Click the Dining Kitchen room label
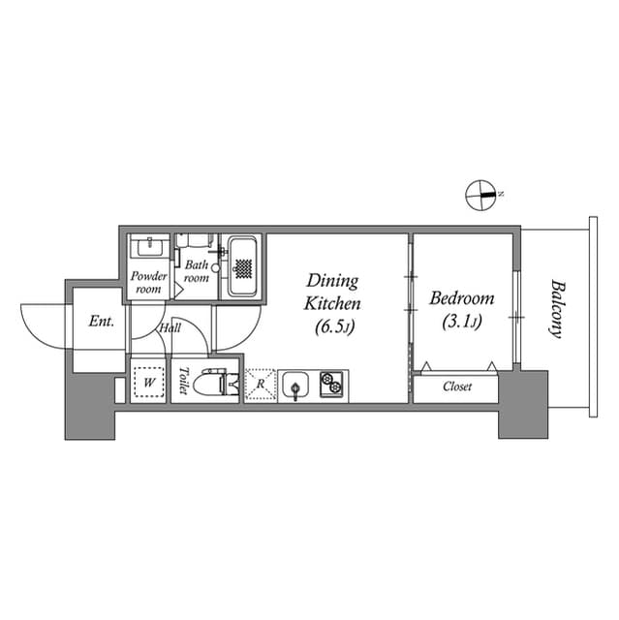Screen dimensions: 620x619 click(332, 292)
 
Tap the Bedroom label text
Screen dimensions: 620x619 click(461, 298)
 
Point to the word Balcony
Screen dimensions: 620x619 click(557, 308)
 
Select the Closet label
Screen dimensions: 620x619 click(457, 387)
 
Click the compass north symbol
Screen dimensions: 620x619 click(480, 195)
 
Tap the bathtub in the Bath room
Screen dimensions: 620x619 click(242, 265)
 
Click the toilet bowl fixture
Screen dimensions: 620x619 click(212, 385)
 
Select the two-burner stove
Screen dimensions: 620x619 click(331, 385)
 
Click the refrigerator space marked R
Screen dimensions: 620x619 click(260, 385)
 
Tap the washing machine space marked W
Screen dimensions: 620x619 click(149, 384)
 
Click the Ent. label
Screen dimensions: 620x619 click(101, 321)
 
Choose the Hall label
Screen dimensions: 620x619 click(170, 327)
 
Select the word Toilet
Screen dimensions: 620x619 click(182, 383)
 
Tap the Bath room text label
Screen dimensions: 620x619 click(197, 271)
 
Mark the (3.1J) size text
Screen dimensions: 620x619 click(460, 322)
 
